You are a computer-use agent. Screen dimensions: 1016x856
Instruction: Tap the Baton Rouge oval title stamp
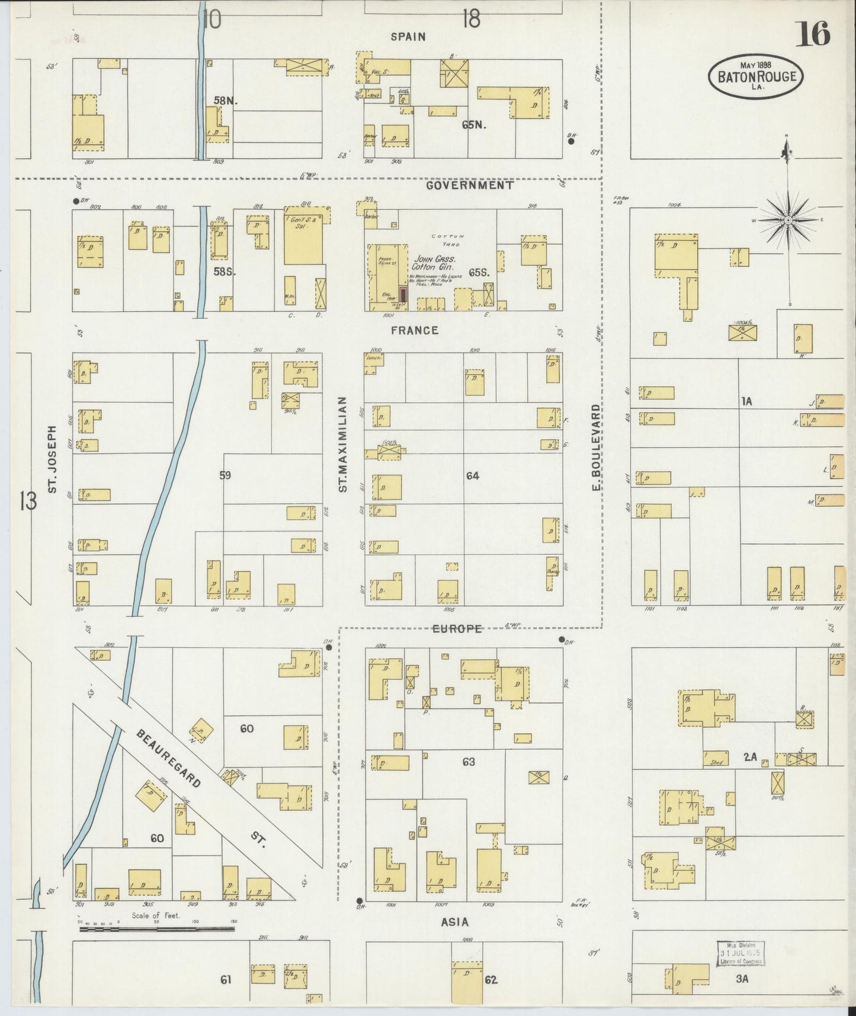click(x=756, y=76)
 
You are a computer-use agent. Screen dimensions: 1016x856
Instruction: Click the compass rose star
click(x=788, y=221)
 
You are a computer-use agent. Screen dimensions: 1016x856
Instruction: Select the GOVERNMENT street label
click(x=469, y=185)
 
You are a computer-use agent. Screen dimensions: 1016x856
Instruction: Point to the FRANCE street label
click(x=414, y=330)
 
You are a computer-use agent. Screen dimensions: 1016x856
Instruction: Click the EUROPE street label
click(x=457, y=629)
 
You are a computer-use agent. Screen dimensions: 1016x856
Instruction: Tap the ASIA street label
click(x=454, y=922)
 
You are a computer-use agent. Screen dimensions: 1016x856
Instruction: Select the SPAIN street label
click(x=408, y=37)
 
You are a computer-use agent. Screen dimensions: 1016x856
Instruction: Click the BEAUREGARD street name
click(x=169, y=758)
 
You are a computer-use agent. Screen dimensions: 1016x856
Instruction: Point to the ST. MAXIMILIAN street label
click(x=342, y=445)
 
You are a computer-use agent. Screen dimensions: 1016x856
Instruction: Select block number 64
click(x=472, y=475)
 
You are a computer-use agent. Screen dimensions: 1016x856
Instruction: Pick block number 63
click(x=469, y=762)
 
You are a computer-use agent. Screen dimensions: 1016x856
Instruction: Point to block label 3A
click(x=742, y=979)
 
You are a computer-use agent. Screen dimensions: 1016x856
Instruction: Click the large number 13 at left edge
click(x=28, y=501)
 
